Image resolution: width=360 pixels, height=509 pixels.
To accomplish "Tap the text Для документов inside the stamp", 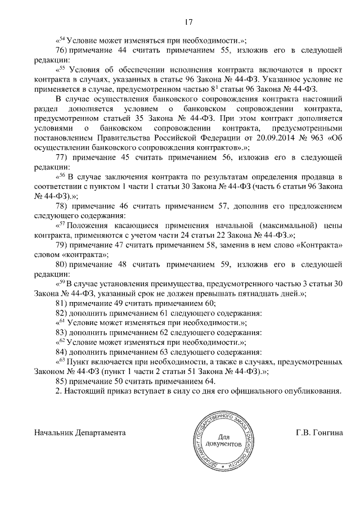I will pyautogui.click(x=229, y=441).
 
